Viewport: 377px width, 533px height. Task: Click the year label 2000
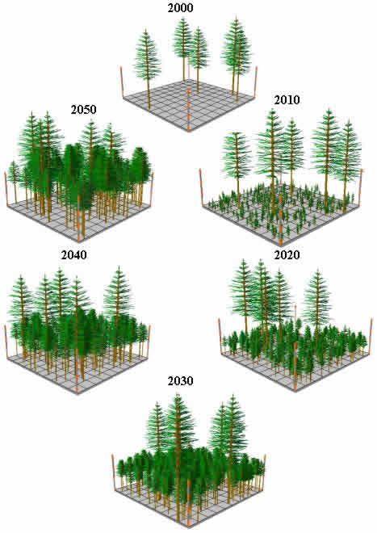coord(180,8)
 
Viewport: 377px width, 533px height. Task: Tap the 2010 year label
coord(287,100)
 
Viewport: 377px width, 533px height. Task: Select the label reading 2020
coord(287,255)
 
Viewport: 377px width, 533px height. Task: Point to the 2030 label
coord(180,381)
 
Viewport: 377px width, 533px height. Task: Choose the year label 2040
coord(73,255)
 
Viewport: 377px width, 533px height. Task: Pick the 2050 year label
coord(84,110)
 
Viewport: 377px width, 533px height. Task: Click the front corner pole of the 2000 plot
coord(189,115)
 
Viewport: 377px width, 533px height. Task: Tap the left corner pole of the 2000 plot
coord(122,82)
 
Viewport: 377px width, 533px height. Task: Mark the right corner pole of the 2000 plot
coord(256,82)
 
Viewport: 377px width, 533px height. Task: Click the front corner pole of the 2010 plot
coord(280,220)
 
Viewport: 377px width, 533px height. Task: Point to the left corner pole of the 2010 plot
coord(201,187)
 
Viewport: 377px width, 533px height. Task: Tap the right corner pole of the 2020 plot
coord(371,336)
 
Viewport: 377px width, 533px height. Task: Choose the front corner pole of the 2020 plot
coord(295,367)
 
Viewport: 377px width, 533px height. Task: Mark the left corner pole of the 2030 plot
coord(113,472)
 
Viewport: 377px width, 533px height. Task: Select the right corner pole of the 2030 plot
coord(265,472)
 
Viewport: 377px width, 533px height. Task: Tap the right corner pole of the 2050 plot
coord(152,189)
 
